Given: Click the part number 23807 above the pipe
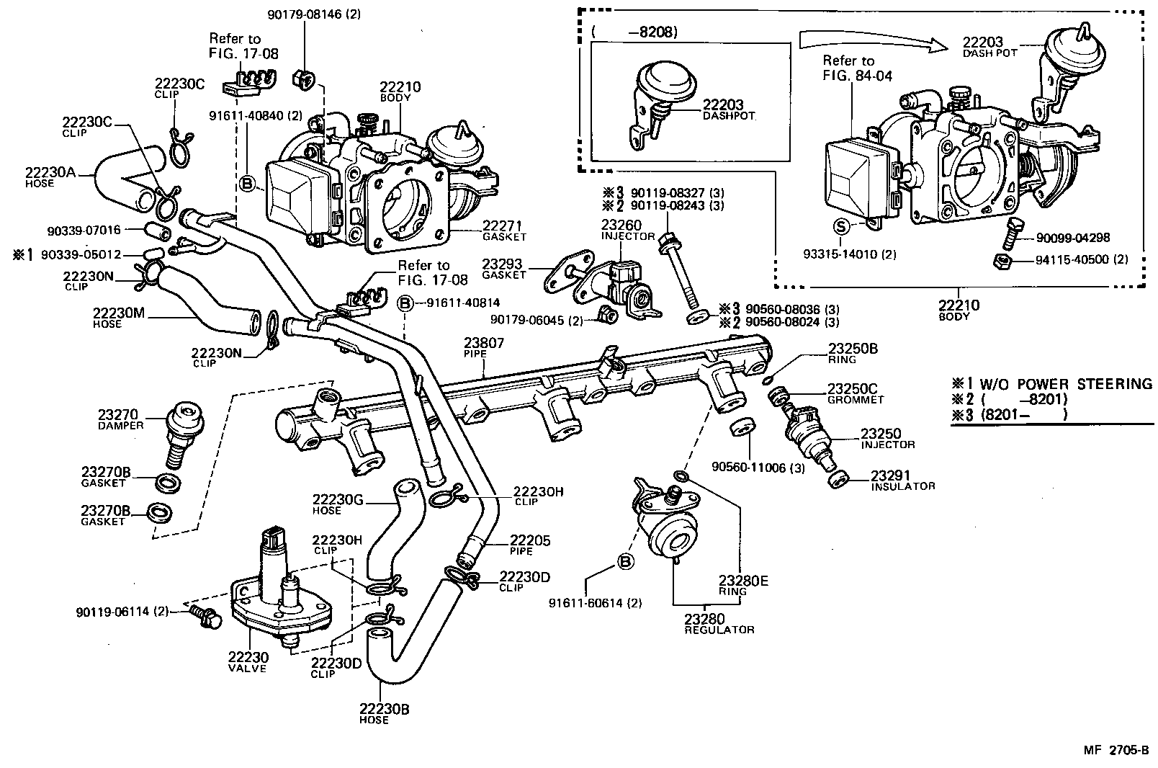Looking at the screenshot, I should (x=484, y=344).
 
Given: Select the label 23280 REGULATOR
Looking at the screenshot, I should (x=718, y=623).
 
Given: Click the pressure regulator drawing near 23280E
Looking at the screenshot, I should (x=671, y=533).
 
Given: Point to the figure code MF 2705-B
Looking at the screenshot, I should (x=1116, y=750).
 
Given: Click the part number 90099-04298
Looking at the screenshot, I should (x=1073, y=238).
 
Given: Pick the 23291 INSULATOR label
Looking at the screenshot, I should (x=902, y=481).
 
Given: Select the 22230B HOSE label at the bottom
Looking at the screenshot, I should (x=384, y=713).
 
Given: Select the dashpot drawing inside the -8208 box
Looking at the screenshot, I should (x=659, y=101).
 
